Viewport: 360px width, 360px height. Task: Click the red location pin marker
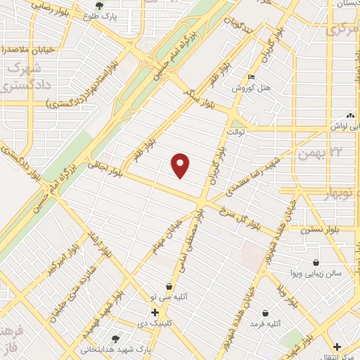181,165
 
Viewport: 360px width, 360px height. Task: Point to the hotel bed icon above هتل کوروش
252,78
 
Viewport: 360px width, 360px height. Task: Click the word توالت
233,132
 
